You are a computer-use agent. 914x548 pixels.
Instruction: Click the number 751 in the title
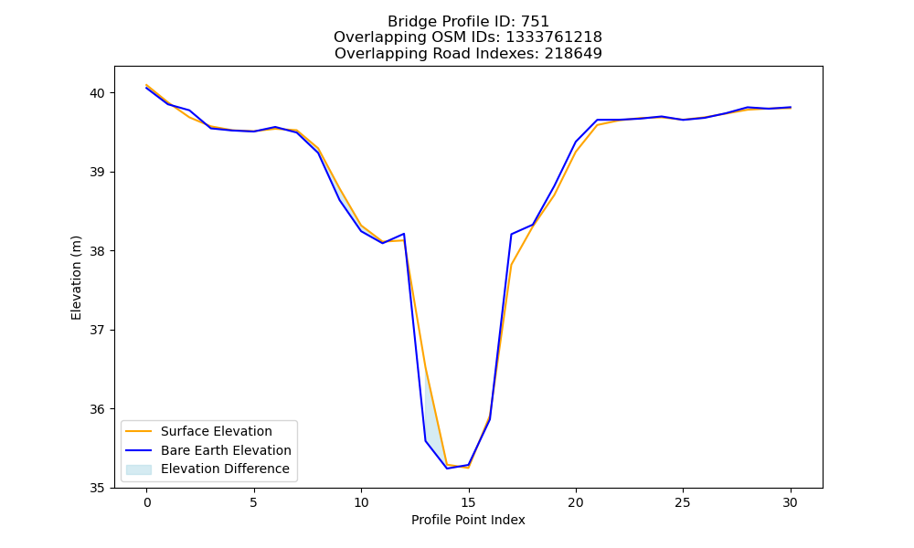[x=535, y=22]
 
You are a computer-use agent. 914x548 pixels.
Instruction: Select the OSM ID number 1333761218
[x=554, y=37]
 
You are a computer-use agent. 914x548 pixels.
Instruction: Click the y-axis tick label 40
[x=98, y=93]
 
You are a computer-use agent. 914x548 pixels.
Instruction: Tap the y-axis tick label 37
[x=98, y=331]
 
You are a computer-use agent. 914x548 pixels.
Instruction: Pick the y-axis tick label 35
[x=98, y=488]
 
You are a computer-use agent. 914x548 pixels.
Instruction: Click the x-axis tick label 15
[x=469, y=502]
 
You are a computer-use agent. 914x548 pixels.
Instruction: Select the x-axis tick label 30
[x=790, y=502]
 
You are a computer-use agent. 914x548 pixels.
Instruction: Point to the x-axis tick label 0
[x=147, y=502]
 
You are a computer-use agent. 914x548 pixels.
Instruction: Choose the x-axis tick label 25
[x=683, y=502]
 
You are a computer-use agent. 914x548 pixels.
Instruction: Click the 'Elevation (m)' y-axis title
[x=77, y=278]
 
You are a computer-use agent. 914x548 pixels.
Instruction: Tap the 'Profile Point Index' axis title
[x=468, y=520]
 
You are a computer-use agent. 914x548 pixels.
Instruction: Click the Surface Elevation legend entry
[x=217, y=431]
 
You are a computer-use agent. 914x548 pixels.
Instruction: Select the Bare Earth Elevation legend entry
[x=226, y=450]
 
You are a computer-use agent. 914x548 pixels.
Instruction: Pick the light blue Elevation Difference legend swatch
[x=139, y=469]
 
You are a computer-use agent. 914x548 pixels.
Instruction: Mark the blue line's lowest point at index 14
[x=447, y=469]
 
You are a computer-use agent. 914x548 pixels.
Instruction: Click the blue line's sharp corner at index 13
[x=426, y=441]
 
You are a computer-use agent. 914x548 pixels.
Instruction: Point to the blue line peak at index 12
[x=404, y=234]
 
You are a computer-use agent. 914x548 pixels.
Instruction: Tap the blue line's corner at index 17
[x=511, y=234]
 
